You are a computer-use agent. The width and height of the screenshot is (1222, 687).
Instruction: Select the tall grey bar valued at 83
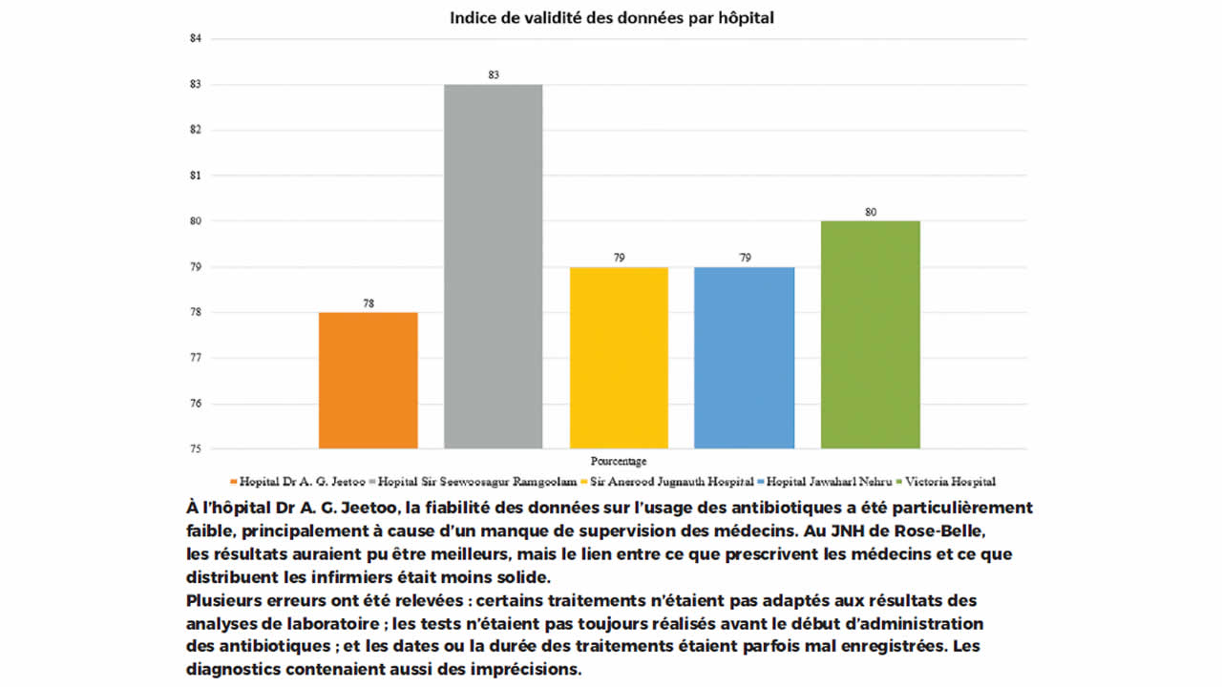493,266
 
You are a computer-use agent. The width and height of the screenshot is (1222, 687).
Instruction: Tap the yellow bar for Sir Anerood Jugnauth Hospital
619,357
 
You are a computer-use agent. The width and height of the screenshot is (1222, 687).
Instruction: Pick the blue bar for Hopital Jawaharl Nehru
744,357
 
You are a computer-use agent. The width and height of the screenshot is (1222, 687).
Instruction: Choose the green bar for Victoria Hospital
870,334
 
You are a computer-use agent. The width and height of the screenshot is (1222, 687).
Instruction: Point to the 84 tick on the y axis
197,39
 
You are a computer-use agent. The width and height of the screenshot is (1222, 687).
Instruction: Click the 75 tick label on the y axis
197,448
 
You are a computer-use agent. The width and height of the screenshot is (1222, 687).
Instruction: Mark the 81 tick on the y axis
197,176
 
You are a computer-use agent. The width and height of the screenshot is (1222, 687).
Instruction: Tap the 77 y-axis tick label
197,358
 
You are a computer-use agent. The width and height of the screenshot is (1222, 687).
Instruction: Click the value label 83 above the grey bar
494,73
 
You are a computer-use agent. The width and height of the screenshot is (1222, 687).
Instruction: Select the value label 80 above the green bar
871,212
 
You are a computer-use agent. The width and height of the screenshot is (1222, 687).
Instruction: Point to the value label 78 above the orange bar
368,303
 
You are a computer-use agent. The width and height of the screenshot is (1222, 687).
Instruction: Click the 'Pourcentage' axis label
619,461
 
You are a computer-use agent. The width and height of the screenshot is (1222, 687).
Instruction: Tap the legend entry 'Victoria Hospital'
949,482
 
